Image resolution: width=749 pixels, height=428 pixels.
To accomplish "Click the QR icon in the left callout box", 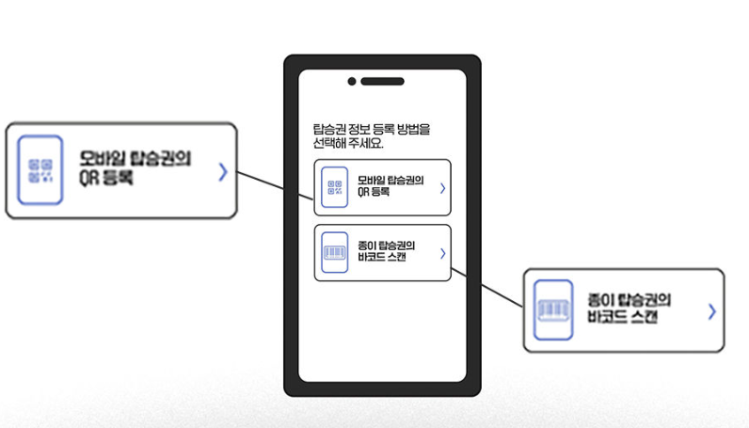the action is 40,170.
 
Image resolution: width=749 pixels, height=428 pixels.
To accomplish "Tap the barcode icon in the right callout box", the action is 554,309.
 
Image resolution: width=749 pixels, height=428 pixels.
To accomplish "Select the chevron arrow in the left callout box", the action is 222,172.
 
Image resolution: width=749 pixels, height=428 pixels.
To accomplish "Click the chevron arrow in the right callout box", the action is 711,311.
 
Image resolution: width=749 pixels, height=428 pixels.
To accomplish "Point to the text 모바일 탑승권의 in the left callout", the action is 135,159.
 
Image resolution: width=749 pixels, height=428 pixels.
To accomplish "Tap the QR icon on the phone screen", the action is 334,187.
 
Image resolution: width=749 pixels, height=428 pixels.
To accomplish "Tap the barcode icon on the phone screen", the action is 334,252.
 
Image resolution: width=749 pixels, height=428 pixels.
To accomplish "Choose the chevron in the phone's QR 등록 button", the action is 442,188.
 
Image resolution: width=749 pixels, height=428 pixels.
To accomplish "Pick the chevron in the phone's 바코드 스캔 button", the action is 442,253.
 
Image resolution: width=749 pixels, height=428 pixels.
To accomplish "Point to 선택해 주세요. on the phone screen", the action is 348,144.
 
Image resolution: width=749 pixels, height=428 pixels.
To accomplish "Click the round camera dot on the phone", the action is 352,81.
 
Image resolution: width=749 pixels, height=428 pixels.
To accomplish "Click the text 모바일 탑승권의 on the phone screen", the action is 390,181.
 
